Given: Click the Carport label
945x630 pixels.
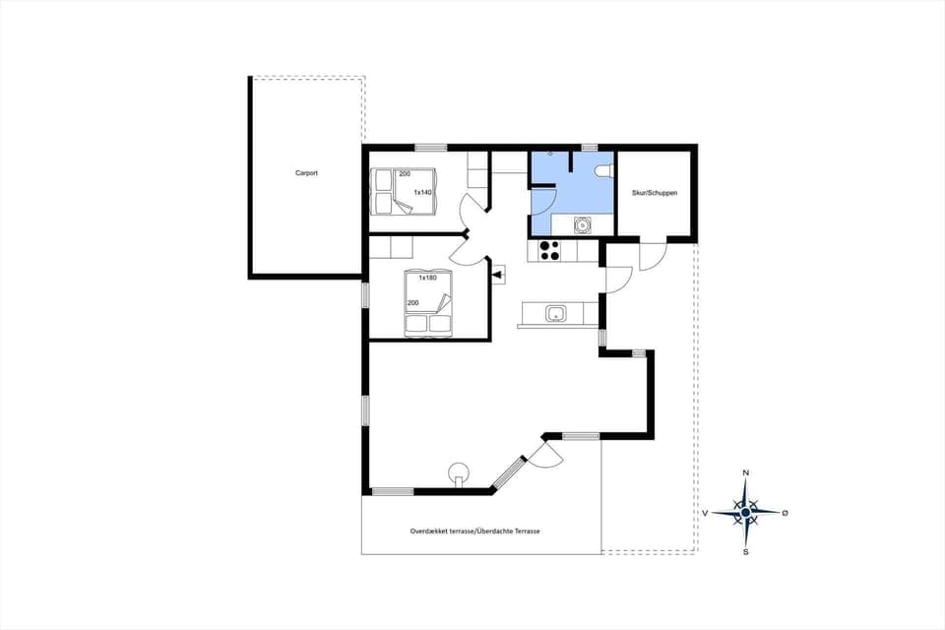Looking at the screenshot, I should click(x=306, y=173).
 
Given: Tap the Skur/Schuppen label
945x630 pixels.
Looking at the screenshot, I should click(x=655, y=193).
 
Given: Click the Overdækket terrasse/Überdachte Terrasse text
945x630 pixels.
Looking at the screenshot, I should click(x=475, y=531).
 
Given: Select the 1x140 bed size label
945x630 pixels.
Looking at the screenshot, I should click(x=422, y=192).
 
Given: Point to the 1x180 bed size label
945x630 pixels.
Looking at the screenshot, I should click(x=427, y=278).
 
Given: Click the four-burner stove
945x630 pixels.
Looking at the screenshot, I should click(x=549, y=250).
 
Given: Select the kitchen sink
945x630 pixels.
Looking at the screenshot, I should click(x=555, y=314).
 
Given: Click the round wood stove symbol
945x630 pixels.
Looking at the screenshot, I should click(x=458, y=471).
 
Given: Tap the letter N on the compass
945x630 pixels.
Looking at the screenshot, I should click(x=745, y=473).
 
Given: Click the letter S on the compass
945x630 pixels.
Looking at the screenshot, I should click(x=746, y=551).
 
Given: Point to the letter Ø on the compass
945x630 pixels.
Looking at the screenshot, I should click(x=785, y=513).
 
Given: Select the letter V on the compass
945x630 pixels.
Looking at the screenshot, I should click(x=706, y=513).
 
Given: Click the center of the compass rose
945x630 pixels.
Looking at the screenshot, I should click(x=746, y=512).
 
